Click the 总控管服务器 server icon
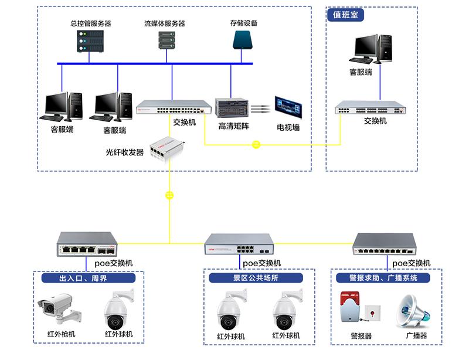pyautogui.click(x=90, y=42)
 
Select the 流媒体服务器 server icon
pyautogui.click(x=166, y=40)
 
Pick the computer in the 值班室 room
pyautogui.click(x=373, y=49)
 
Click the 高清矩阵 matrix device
pyautogui.click(x=232, y=108)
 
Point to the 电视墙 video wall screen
pyautogui.click(x=288, y=107)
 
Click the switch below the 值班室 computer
pyautogui.click(x=370, y=108)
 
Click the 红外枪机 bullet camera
pyautogui.click(x=58, y=308)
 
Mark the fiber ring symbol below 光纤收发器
pyautogui.click(x=169, y=195)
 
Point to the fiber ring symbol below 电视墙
pyautogui.click(x=256, y=144)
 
